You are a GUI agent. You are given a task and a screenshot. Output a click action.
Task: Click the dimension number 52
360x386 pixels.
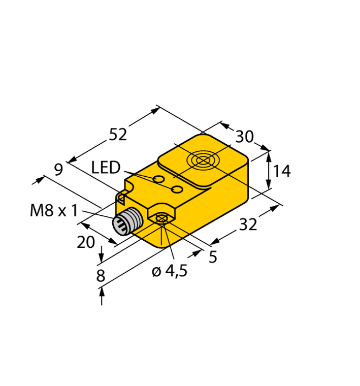click(118, 135)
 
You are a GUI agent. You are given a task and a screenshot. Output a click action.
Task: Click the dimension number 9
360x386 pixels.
click(58, 169)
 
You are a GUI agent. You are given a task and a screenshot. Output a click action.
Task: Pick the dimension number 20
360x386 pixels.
click(86, 242)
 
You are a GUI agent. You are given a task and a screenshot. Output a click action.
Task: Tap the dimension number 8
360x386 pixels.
click(101, 276)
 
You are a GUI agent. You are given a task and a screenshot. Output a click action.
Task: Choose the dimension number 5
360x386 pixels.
click(213, 257)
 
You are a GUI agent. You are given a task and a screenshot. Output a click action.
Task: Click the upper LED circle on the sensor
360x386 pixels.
click(159, 179)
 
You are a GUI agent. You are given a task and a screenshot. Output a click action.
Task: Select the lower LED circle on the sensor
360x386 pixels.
click(177, 189)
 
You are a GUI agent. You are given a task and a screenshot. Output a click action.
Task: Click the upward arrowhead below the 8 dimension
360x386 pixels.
click(103, 291)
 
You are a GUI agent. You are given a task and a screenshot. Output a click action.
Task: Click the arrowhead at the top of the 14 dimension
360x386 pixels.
click(269, 154)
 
